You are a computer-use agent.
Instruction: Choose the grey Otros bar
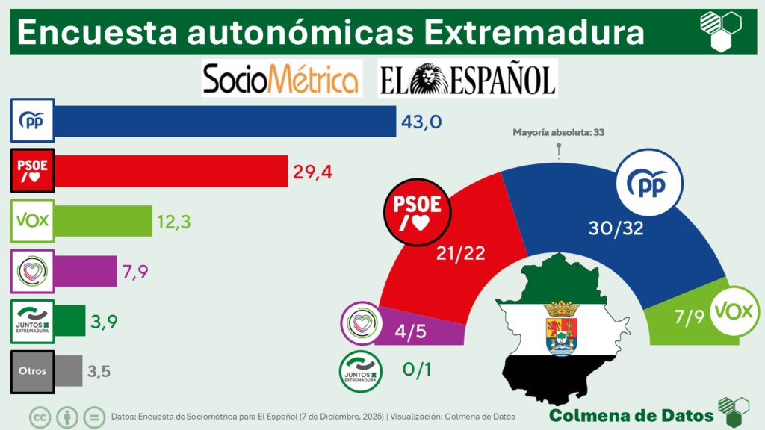click(69, 371)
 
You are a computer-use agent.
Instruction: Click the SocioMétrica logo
click(282, 78)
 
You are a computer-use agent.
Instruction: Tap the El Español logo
click(468, 78)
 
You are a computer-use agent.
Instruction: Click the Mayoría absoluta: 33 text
click(557, 133)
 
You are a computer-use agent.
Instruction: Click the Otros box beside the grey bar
click(32, 371)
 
